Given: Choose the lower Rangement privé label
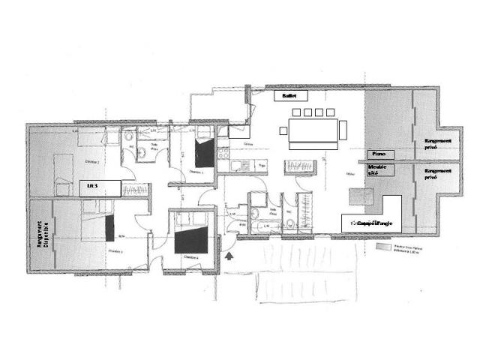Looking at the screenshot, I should pyautogui.click(x=439, y=177).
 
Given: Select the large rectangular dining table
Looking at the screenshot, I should pyautogui.click(x=312, y=131).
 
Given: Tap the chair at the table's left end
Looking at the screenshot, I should pyautogui.click(x=283, y=131).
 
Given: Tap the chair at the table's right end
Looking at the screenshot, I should pyautogui.click(x=343, y=131).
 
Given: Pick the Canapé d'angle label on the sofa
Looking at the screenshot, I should pyautogui.click(x=373, y=223).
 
